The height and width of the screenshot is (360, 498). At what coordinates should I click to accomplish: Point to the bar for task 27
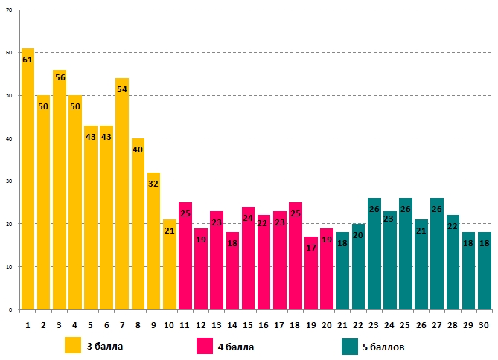click(437, 254)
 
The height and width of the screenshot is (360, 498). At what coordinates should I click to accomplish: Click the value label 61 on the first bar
click(28, 60)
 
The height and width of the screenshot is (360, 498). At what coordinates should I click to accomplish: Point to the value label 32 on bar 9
click(153, 184)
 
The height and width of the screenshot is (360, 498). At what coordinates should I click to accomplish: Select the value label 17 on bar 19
click(311, 248)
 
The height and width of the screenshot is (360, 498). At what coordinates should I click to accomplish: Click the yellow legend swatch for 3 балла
click(73, 346)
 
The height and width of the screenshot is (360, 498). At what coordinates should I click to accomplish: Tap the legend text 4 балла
click(235, 346)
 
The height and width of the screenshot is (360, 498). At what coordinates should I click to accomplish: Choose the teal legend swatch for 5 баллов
click(350, 346)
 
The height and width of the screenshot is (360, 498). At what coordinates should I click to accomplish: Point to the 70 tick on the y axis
click(10, 10)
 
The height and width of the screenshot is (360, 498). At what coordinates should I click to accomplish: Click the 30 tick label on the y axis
click(10, 181)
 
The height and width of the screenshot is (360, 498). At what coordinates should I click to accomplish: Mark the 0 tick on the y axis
click(11, 309)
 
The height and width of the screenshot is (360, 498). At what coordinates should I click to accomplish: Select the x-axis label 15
click(248, 324)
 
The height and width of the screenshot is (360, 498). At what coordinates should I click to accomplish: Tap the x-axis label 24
click(389, 324)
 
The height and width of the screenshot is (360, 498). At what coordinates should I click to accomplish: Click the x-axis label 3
click(60, 324)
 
